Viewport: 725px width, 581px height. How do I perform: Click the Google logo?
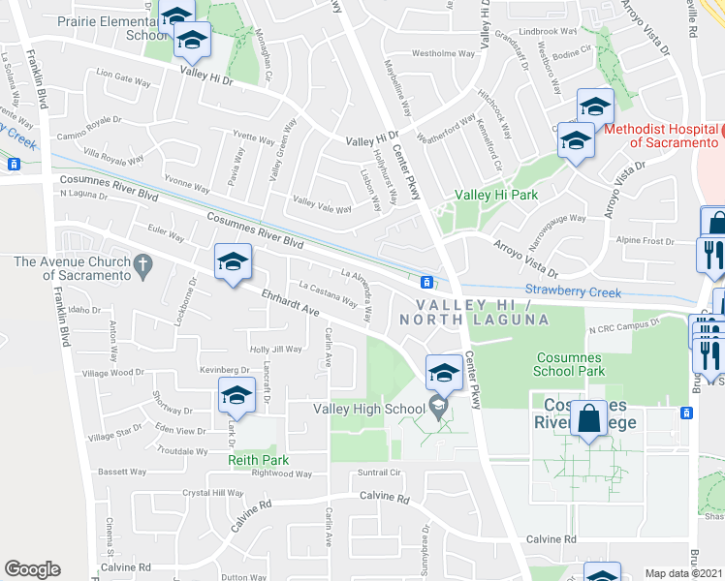[32, 569]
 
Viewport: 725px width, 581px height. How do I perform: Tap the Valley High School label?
[369, 408]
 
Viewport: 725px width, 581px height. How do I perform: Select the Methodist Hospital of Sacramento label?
[664, 136]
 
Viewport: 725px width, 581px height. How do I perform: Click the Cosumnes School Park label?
[571, 364]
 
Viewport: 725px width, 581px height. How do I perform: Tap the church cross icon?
[142, 263]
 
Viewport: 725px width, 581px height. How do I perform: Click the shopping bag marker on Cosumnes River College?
[588, 419]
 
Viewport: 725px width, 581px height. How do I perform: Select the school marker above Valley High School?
[444, 372]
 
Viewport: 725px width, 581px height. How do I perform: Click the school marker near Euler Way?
[234, 262]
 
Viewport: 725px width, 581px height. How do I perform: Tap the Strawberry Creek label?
[571, 290]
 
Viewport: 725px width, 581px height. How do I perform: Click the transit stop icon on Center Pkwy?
[426, 282]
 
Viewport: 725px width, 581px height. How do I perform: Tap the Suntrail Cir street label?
[379, 473]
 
